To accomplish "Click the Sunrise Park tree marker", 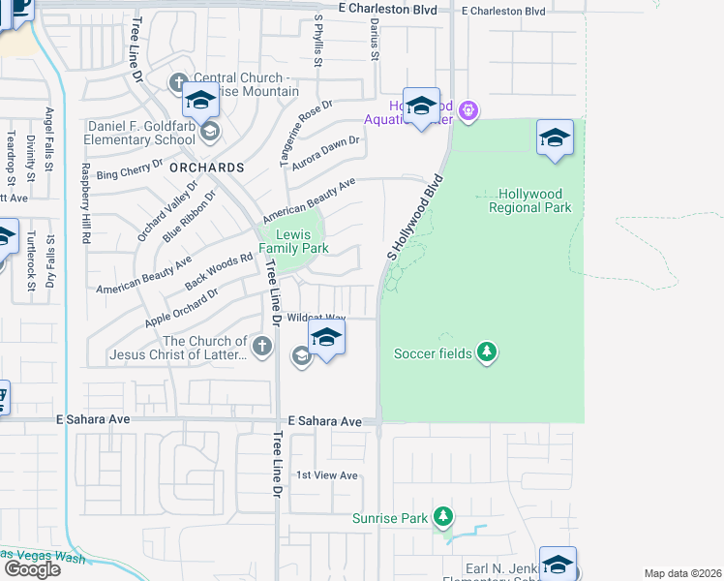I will pyautogui.click(x=443, y=517).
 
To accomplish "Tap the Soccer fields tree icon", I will pyautogui.click(x=488, y=352).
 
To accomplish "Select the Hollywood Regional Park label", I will pyautogui.click(x=529, y=200).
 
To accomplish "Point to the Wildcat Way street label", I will pyautogui.click(x=317, y=318).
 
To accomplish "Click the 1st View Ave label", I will pyautogui.click(x=327, y=475).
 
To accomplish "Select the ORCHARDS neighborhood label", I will pyautogui.click(x=206, y=167).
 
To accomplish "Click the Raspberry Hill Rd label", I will pyautogui.click(x=85, y=201).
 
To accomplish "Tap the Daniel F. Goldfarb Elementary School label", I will pyautogui.click(x=141, y=133).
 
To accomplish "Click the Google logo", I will pyautogui.click(x=31, y=569).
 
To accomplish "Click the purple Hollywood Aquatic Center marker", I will pyautogui.click(x=469, y=112).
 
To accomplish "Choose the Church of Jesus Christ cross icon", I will pyautogui.click(x=261, y=346).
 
